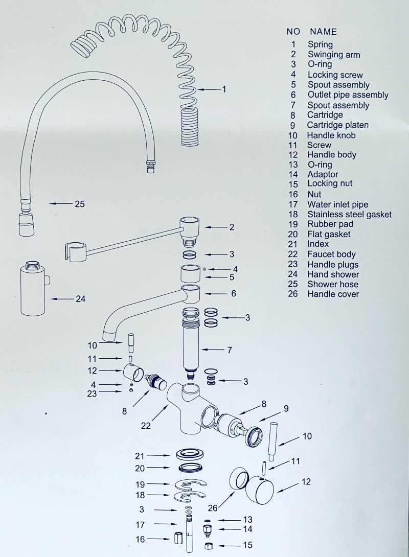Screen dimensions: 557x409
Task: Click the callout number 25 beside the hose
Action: pos(79,204)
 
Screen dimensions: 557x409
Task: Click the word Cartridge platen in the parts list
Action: pos(337,125)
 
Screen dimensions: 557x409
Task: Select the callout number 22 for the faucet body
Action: pos(146,425)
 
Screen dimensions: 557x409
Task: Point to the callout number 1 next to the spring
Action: pos(223,89)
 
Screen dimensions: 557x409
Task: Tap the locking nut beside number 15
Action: pos(209,546)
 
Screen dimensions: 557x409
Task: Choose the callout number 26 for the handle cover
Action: pos(213,508)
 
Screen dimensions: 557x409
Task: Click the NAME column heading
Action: pos(323,32)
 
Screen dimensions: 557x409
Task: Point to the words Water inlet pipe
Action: pos(337,204)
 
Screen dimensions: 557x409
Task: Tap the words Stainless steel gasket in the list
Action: pos(349,215)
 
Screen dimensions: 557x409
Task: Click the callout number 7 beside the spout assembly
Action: pos(230,350)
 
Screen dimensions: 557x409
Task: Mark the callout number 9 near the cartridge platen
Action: pos(286,408)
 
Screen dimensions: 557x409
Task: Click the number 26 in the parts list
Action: pos(292,294)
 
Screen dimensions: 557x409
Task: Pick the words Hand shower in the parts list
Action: pos(333,274)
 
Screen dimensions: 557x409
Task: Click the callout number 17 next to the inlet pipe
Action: pos(140,524)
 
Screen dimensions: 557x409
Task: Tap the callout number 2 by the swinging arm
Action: pos(232,227)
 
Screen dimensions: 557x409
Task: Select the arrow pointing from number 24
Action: pos(62,299)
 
